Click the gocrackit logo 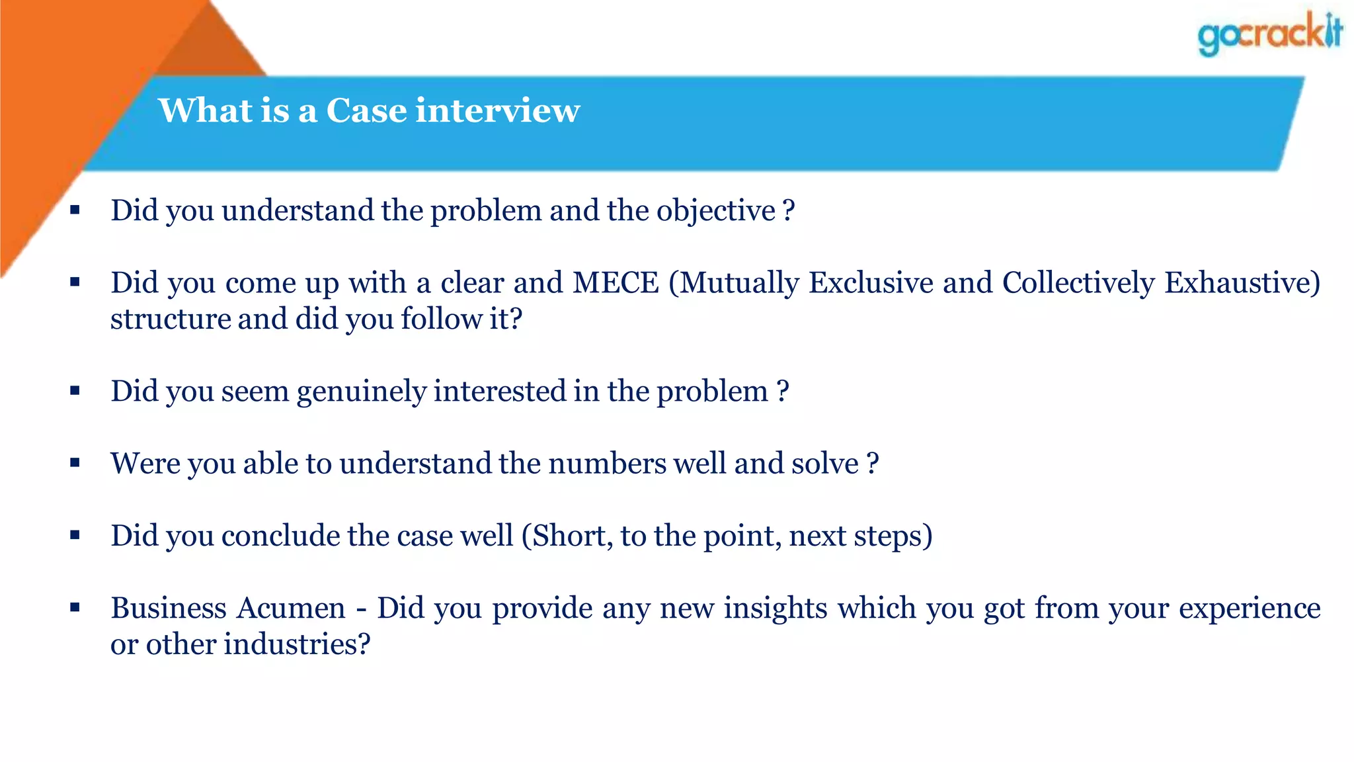pos(1269,34)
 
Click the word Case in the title pos(366,110)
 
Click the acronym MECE pos(616,283)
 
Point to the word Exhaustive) pos(1242,283)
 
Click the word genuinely pos(361,392)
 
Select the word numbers pos(607,463)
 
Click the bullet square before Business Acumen pos(75,607)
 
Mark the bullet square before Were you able pos(75,462)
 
